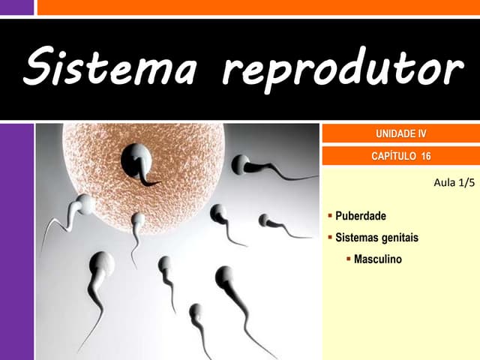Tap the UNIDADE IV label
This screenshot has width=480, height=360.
(400, 134)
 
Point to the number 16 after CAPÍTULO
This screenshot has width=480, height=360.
(426, 156)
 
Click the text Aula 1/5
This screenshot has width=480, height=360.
(454, 182)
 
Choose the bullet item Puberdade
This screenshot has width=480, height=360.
(361, 216)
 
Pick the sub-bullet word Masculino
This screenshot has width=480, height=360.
(378, 259)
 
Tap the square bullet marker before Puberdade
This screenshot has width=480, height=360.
(330, 216)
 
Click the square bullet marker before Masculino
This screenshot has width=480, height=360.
(349, 259)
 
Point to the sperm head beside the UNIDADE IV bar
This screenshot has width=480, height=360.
(241, 163)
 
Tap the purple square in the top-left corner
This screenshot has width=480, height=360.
(16, 7)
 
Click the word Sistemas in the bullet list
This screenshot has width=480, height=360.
(356, 238)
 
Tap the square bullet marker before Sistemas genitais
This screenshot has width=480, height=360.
(330, 238)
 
